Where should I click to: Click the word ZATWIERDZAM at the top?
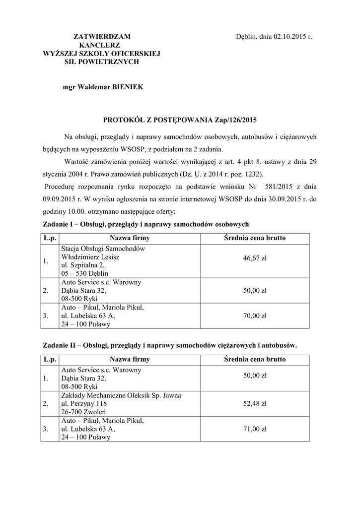tap(102, 37)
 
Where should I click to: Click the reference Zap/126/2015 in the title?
tap(236, 120)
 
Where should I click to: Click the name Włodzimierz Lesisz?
tap(90, 257)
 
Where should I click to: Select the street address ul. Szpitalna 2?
tap(83, 265)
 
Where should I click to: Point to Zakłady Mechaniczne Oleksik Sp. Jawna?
tap(121, 395)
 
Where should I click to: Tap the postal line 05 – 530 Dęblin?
tap(84, 273)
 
